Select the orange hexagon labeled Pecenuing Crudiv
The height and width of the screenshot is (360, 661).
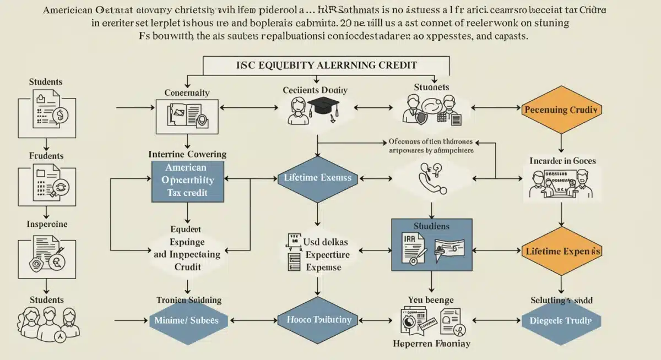(x=561, y=110)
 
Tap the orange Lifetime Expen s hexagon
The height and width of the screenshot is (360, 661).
(x=561, y=251)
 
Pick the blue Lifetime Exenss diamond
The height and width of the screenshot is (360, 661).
(x=318, y=178)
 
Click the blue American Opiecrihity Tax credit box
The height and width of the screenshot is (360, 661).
(x=188, y=180)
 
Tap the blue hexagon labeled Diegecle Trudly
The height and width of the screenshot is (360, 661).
(x=561, y=320)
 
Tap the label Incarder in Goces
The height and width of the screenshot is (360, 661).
(x=562, y=161)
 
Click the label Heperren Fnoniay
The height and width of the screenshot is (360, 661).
(x=432, y=344)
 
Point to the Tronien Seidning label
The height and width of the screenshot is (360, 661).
(x=189, y=300)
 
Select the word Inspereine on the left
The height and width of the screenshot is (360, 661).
(x=47, y=225)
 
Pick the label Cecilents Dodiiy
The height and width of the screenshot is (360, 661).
(x=315, y=90)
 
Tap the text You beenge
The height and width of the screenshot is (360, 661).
(x=431, y=300)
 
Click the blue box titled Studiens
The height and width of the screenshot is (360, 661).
(x=431, y=244)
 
